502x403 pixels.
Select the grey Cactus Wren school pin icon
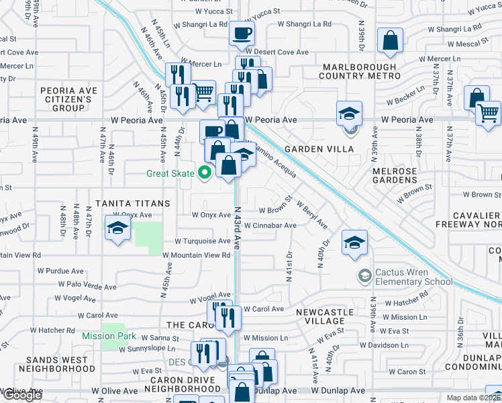click(364, 275)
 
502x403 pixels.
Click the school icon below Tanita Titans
click(117, 228)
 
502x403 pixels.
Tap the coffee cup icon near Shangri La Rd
click(242, 32)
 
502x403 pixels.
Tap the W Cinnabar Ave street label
click(270, 226)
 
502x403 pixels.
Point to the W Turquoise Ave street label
click(203, 240)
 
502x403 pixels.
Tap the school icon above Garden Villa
click(349, 113)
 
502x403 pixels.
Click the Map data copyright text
click(474, 398)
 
